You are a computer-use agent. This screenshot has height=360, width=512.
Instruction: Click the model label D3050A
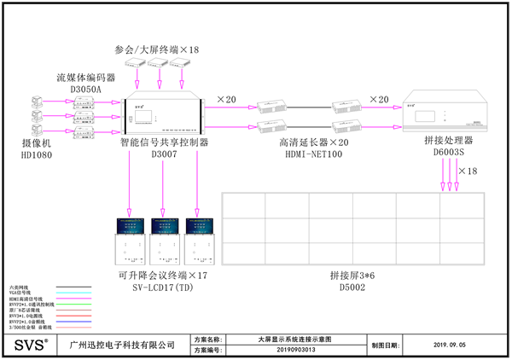(x=79, y=88)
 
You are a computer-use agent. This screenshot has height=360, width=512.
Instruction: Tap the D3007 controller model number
(x=164, y=154)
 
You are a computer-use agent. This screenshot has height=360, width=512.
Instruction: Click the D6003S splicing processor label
(x=447, y=152)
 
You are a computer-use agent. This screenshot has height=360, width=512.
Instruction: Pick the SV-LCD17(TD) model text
(x=162, y=289)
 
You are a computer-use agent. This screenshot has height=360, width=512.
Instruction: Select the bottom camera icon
(x=37, y=129)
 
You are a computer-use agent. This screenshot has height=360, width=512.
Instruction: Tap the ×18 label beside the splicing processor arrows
(x=468, y=171)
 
